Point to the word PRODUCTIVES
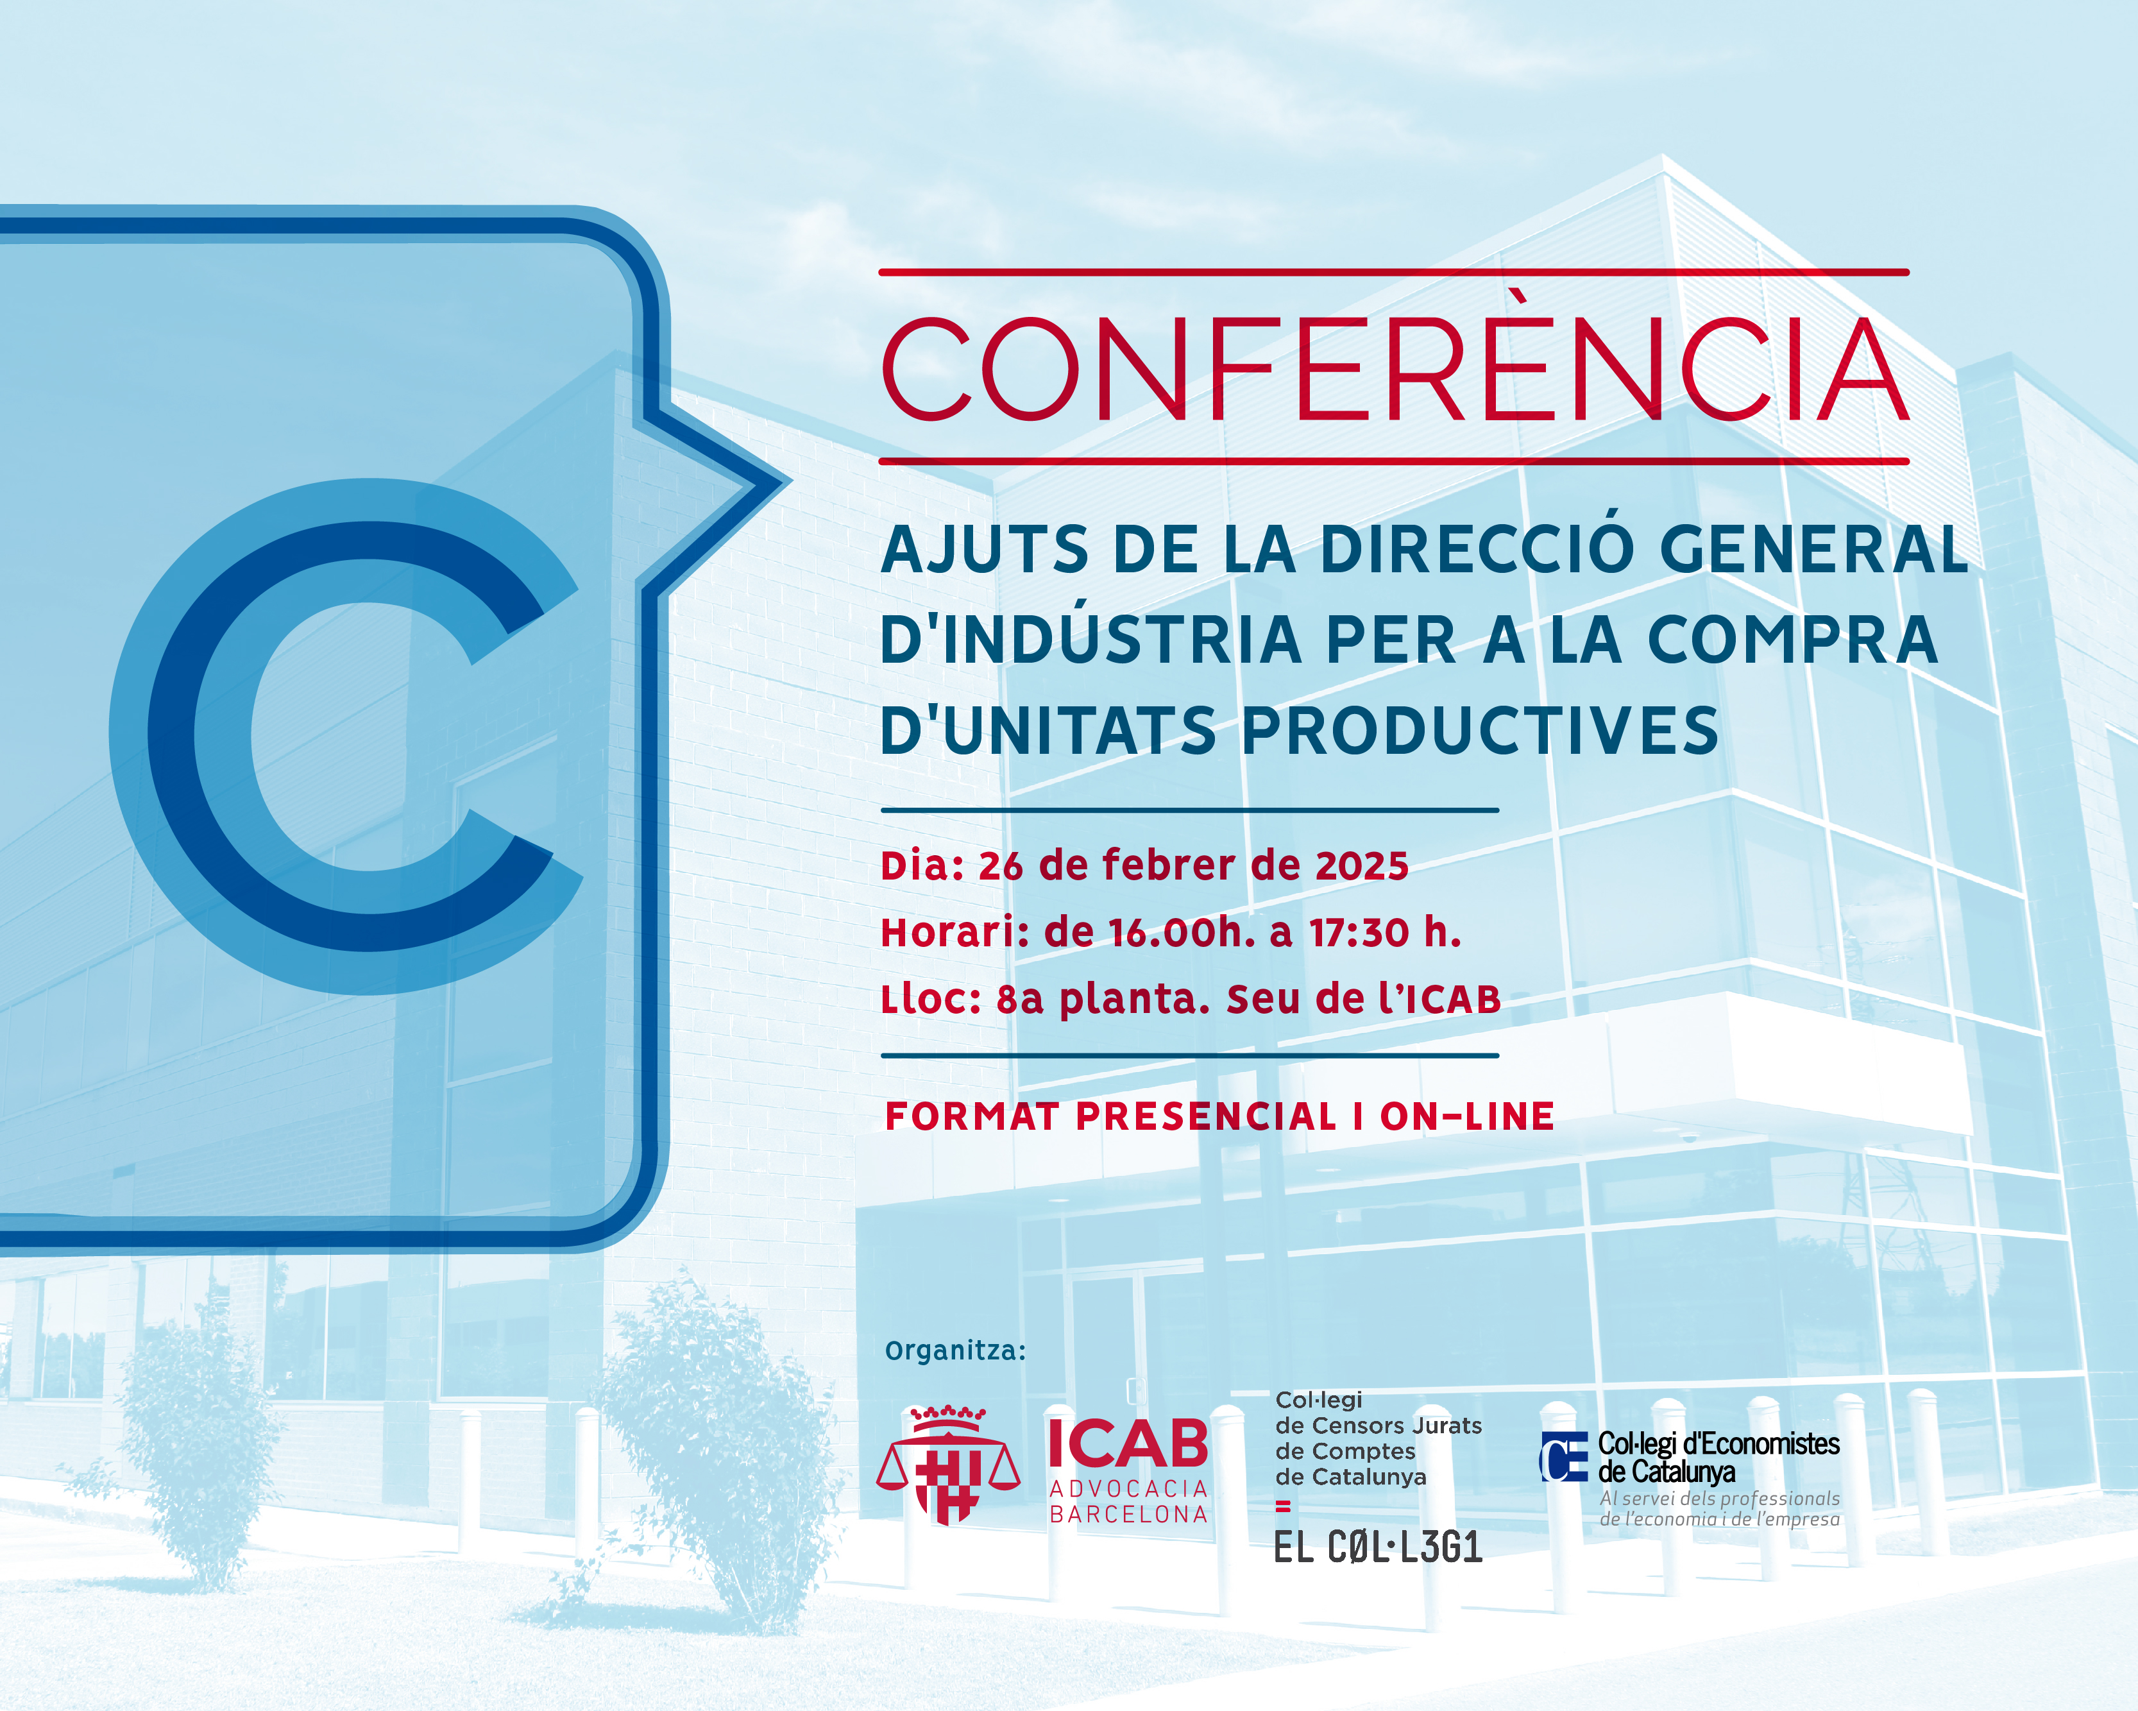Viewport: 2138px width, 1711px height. pyautogui.click(x=1480, y=731)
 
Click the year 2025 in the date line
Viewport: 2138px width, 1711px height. pyautogui.click(x=1362, y=866)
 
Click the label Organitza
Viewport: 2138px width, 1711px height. pyautogui.click(x=955, y=1351)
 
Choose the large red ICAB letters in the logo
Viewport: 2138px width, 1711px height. pyautogui.click(x=1128, y=1443)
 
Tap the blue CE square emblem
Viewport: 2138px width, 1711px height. pyautogui.click(x=1564, y=1457)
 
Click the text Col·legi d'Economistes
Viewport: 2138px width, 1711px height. pyautogui.click(x=1718, y=1444)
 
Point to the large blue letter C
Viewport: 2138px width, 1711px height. pyautogui.click(x=346, y=736)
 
